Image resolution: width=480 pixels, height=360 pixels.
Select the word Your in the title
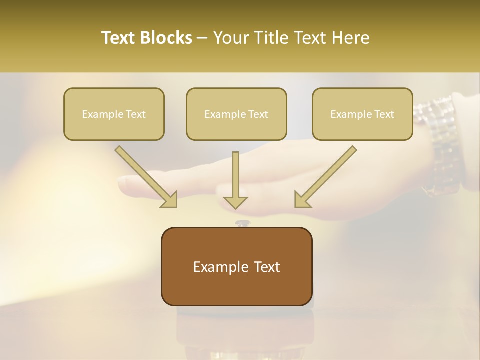click(x=231, y=38)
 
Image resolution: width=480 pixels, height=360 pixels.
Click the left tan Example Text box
click(x=114, y=114)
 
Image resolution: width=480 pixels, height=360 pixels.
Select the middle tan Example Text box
click(x=236, y=114)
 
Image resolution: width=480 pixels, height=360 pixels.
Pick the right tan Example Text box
click(x=362, y=114)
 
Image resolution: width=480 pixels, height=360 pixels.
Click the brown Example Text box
click(x=236, y=267)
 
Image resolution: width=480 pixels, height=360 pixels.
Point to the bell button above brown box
click(x=243, y=223)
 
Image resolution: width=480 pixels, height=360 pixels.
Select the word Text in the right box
click(x=384, y=114)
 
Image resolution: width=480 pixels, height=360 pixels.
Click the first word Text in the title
click(x=120, y=38)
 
